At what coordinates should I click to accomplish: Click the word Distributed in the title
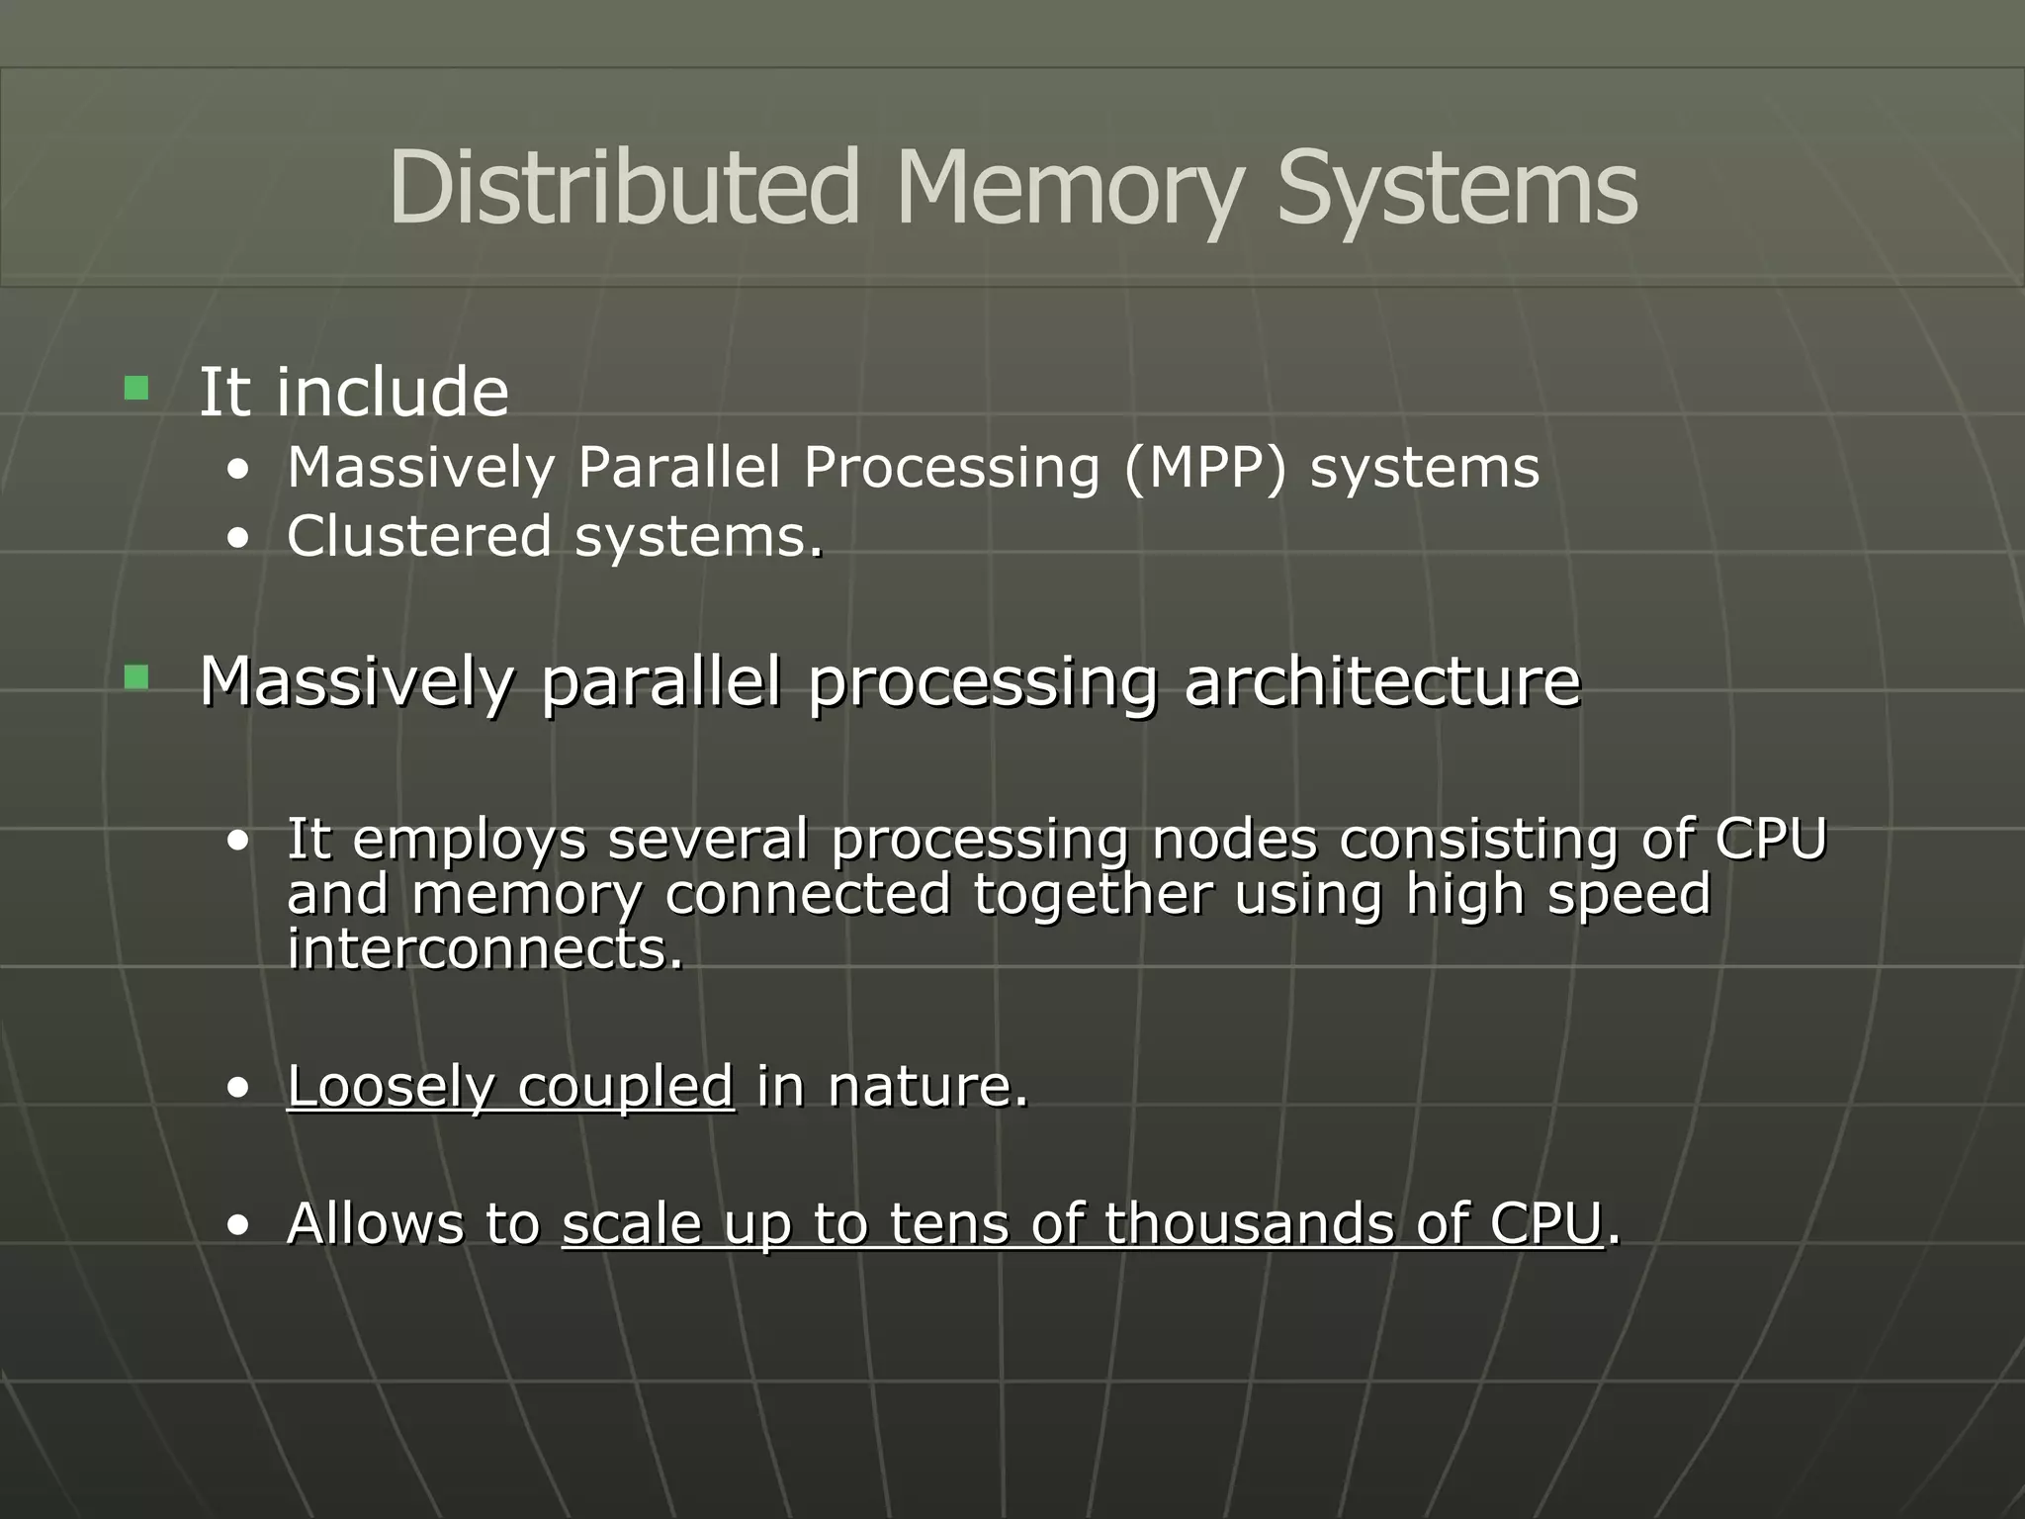click(x=624, y=188)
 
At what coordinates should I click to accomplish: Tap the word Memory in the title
click(x=1067, y=188)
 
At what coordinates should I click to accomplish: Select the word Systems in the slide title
click(x=1457, y=188)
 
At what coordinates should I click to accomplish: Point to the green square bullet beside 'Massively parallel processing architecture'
click(x=136, y=677)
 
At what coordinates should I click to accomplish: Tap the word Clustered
click(x=418, y=536)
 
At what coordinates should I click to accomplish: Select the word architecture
click(x=1382, y=681)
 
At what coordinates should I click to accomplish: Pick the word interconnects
click(x=484, y=949)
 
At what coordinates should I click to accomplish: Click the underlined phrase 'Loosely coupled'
click(x=510, y=1086)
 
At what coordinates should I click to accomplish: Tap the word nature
click(x=927, y=1086)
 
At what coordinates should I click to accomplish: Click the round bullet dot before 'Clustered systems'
click(x=237, y=540)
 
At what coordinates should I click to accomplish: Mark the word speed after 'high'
click(x=1629, y=895)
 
